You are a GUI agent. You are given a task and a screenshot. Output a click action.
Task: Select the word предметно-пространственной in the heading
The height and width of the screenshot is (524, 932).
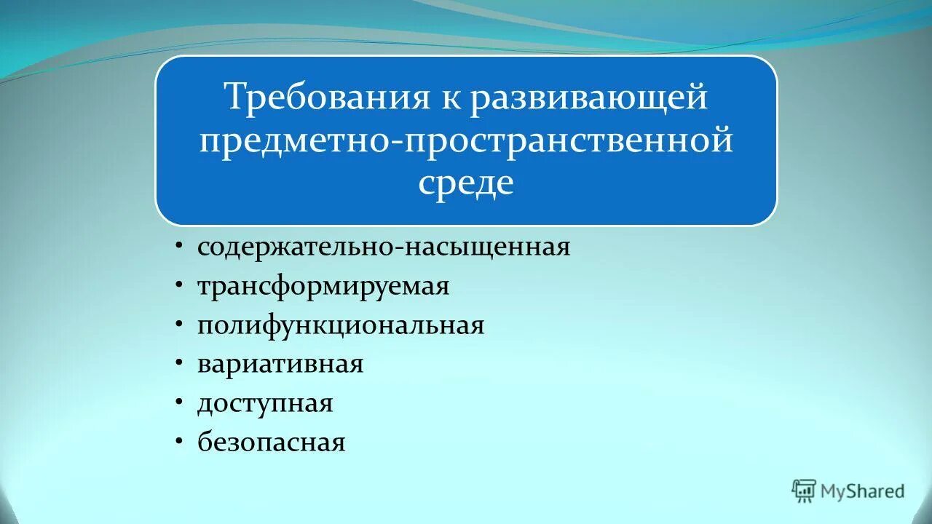point(466,140)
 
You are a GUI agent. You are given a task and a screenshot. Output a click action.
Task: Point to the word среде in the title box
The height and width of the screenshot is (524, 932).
point(466,183)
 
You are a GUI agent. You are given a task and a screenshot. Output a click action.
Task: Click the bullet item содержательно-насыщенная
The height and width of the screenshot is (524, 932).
point(384,247)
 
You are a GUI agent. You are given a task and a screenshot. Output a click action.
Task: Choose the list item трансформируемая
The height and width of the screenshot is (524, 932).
point(323,286)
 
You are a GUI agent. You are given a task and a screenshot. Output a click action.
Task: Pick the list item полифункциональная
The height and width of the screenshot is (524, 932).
point(341,325)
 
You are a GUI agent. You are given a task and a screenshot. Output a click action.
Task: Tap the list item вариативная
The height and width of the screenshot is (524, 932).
point(280,364)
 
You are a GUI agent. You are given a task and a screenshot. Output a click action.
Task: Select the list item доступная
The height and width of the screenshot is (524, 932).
point(265,403)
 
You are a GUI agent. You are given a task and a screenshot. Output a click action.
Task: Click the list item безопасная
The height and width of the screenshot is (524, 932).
point(271,442)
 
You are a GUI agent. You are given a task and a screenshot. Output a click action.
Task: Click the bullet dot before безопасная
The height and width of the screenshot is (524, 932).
point(179,442)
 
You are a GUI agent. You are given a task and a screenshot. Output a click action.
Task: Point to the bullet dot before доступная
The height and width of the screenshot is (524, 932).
point(179,403)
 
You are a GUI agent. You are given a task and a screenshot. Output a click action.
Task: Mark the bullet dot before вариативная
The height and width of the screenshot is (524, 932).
point(179,364)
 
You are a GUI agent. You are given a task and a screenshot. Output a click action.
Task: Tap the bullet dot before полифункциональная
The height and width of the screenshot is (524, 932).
point(179,325)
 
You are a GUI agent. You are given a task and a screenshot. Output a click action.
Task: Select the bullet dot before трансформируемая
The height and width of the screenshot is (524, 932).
point(179,286)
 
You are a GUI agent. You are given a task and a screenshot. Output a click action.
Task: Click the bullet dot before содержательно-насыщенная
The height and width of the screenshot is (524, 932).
point(179,247)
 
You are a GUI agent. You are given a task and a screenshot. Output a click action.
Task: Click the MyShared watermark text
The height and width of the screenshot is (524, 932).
point(862,491)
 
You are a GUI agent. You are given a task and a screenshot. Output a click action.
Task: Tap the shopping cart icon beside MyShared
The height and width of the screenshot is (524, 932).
point(804,491)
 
